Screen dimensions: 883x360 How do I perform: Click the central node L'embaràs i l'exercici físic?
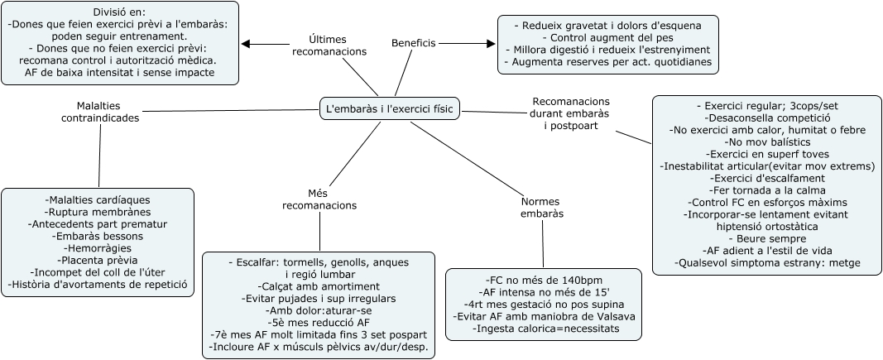pyautogui.click(x=391, y=108)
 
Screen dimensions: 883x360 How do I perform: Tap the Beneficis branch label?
pyautogui.click(x=413, y=43)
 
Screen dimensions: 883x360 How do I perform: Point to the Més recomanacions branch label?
pyautogui.click(x=319, y=199)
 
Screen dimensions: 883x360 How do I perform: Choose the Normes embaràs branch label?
pyautogui.click(x=542, y=208)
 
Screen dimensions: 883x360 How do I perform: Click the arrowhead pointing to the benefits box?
pyautogui.click(x=491, y=43)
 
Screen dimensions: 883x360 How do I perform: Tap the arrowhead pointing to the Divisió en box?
pyautogui.click(x=246, y=44)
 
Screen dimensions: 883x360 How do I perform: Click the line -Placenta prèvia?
pyautogui.click(x=98, y=260)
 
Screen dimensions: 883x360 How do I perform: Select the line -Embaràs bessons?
pyautogui.click(x=98, y=236)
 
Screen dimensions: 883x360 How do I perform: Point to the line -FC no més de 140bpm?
pyautogui.click(x=544, y=280)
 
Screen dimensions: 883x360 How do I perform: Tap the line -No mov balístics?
pyautogui.click(x=767, y=142)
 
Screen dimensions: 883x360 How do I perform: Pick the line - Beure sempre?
pyautogui.click(x=767, y=238)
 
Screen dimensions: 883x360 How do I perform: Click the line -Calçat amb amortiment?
pyautogui.click(x=318, y=286)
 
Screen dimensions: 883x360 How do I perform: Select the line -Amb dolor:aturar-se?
pyautogui.click(x=318, y=310)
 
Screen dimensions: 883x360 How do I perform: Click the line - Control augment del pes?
pyautogui.click(x=607, y=37)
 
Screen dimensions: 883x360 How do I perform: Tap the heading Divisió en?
pyautogui.click(x=119, y=12)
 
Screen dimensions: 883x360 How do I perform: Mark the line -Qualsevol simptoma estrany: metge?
pyautogui.click(x=767, y=262)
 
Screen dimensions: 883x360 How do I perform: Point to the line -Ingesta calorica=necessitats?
pyautogui.click(x=544, y=329)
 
